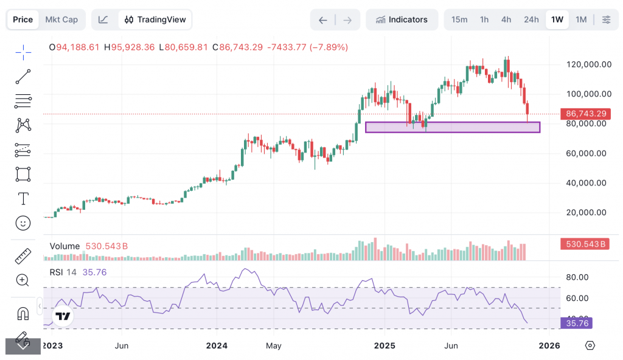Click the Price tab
coord(23,19)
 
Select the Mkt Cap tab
coord(61,19)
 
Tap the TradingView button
coord(155,19)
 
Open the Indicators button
coord(402,19)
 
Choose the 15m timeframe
coord(459,19)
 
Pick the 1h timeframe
coord(484,19)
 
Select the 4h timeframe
coord(506,19)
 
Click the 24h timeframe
coord(531,19)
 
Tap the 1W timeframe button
coord(557,19)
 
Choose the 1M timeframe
coord(581,19)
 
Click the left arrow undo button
coord(323,20)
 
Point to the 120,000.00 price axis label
coord(588,64)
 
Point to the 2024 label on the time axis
coord(217,345)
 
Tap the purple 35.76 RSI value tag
coord(576,324)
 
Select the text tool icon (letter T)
coord(23,199)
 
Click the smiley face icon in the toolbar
coord(23,223)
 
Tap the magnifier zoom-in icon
coord(23,280)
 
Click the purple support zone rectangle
coord(452,127)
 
